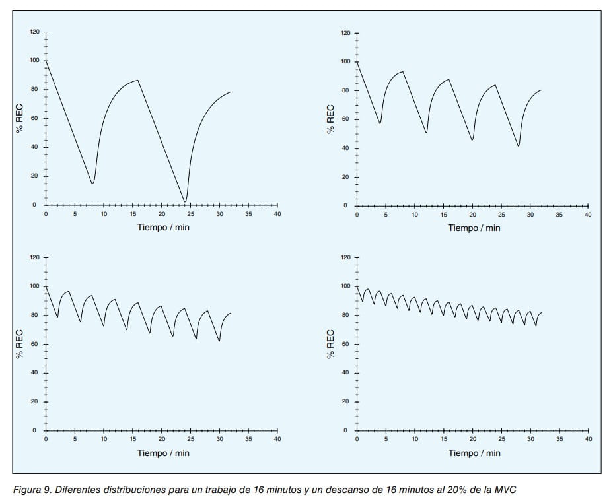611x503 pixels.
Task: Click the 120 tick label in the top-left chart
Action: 34,32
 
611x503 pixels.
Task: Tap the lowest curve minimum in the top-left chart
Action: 185,201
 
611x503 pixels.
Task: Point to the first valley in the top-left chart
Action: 92,183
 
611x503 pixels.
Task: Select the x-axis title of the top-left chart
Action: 163,228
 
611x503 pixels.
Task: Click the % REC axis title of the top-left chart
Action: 20,119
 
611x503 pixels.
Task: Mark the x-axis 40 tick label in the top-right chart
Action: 588,215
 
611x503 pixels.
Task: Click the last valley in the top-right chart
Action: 519,145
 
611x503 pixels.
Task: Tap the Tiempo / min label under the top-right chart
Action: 474,228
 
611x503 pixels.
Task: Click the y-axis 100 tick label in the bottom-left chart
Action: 34,286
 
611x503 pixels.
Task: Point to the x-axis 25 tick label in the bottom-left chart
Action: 190,439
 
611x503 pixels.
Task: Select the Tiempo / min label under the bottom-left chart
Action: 163,453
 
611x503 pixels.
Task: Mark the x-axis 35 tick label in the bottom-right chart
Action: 559,439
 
